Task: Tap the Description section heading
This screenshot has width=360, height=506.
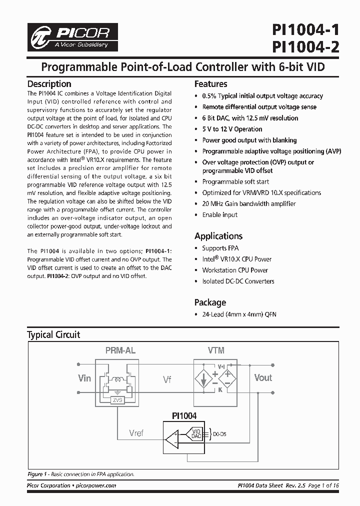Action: click(x=49, y=84)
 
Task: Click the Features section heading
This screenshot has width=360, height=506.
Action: click(x=210, y=84)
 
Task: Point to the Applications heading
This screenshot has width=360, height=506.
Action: click(x=218, y=236)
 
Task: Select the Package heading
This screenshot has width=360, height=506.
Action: click(x=210, y=302)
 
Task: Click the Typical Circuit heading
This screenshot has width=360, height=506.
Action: click(x=53, y=334)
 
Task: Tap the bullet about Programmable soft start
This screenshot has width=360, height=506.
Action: click(x=235, y=181)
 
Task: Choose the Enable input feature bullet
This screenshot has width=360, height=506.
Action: click(x=219, y=214)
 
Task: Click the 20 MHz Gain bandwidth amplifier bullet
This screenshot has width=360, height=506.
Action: click(x=248, y=203)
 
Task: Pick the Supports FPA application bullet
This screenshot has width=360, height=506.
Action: click(x=221, y=248)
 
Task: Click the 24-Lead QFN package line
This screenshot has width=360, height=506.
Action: click(x=238, y=314)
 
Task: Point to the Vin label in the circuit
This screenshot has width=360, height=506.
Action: click(x=84, y=378)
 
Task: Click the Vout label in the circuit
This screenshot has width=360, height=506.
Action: click(x=263, y=377)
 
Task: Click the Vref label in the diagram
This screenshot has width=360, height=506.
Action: click(x=136, y=433)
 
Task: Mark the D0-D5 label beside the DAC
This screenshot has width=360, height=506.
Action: click(x=219, y=434)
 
